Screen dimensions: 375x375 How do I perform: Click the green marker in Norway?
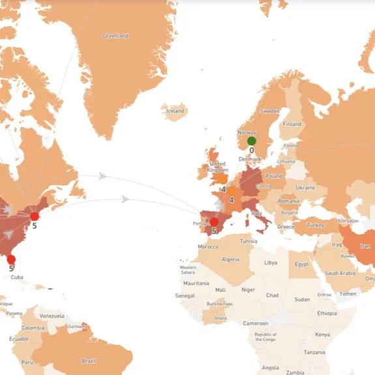click(x=252, y=141)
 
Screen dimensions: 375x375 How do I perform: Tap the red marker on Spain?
click(x=214, y=222)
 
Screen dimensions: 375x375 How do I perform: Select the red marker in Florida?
click(x=11, y=260)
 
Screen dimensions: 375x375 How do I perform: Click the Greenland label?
click(x=115, y=36)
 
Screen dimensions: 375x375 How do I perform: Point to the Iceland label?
click(x=175, y=111)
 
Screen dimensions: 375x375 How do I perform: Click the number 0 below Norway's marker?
click(x=252, y=150)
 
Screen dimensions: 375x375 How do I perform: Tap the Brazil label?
click(x=89, y=361)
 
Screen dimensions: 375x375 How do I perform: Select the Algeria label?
click(x=231, y=259)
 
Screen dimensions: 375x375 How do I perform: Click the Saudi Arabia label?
click(x=340, y=273)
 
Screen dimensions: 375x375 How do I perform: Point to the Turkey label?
click(x=316, y=225)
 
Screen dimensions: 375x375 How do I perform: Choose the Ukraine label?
click(x=305, y=187)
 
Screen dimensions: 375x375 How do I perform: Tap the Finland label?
click(x=292, y=124)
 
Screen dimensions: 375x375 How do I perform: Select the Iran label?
click(x=364, y=246)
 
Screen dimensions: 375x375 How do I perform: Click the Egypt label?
click(x=301, y=264)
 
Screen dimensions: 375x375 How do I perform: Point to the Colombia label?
click(x=33, y=327)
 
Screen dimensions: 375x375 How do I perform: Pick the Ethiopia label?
click(x=328, y=313)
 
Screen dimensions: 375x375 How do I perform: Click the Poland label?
click(x=275, y=176)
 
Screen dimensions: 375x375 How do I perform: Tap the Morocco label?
click(x=208, y=247)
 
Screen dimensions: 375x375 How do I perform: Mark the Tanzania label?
click(x=314, y=352)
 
